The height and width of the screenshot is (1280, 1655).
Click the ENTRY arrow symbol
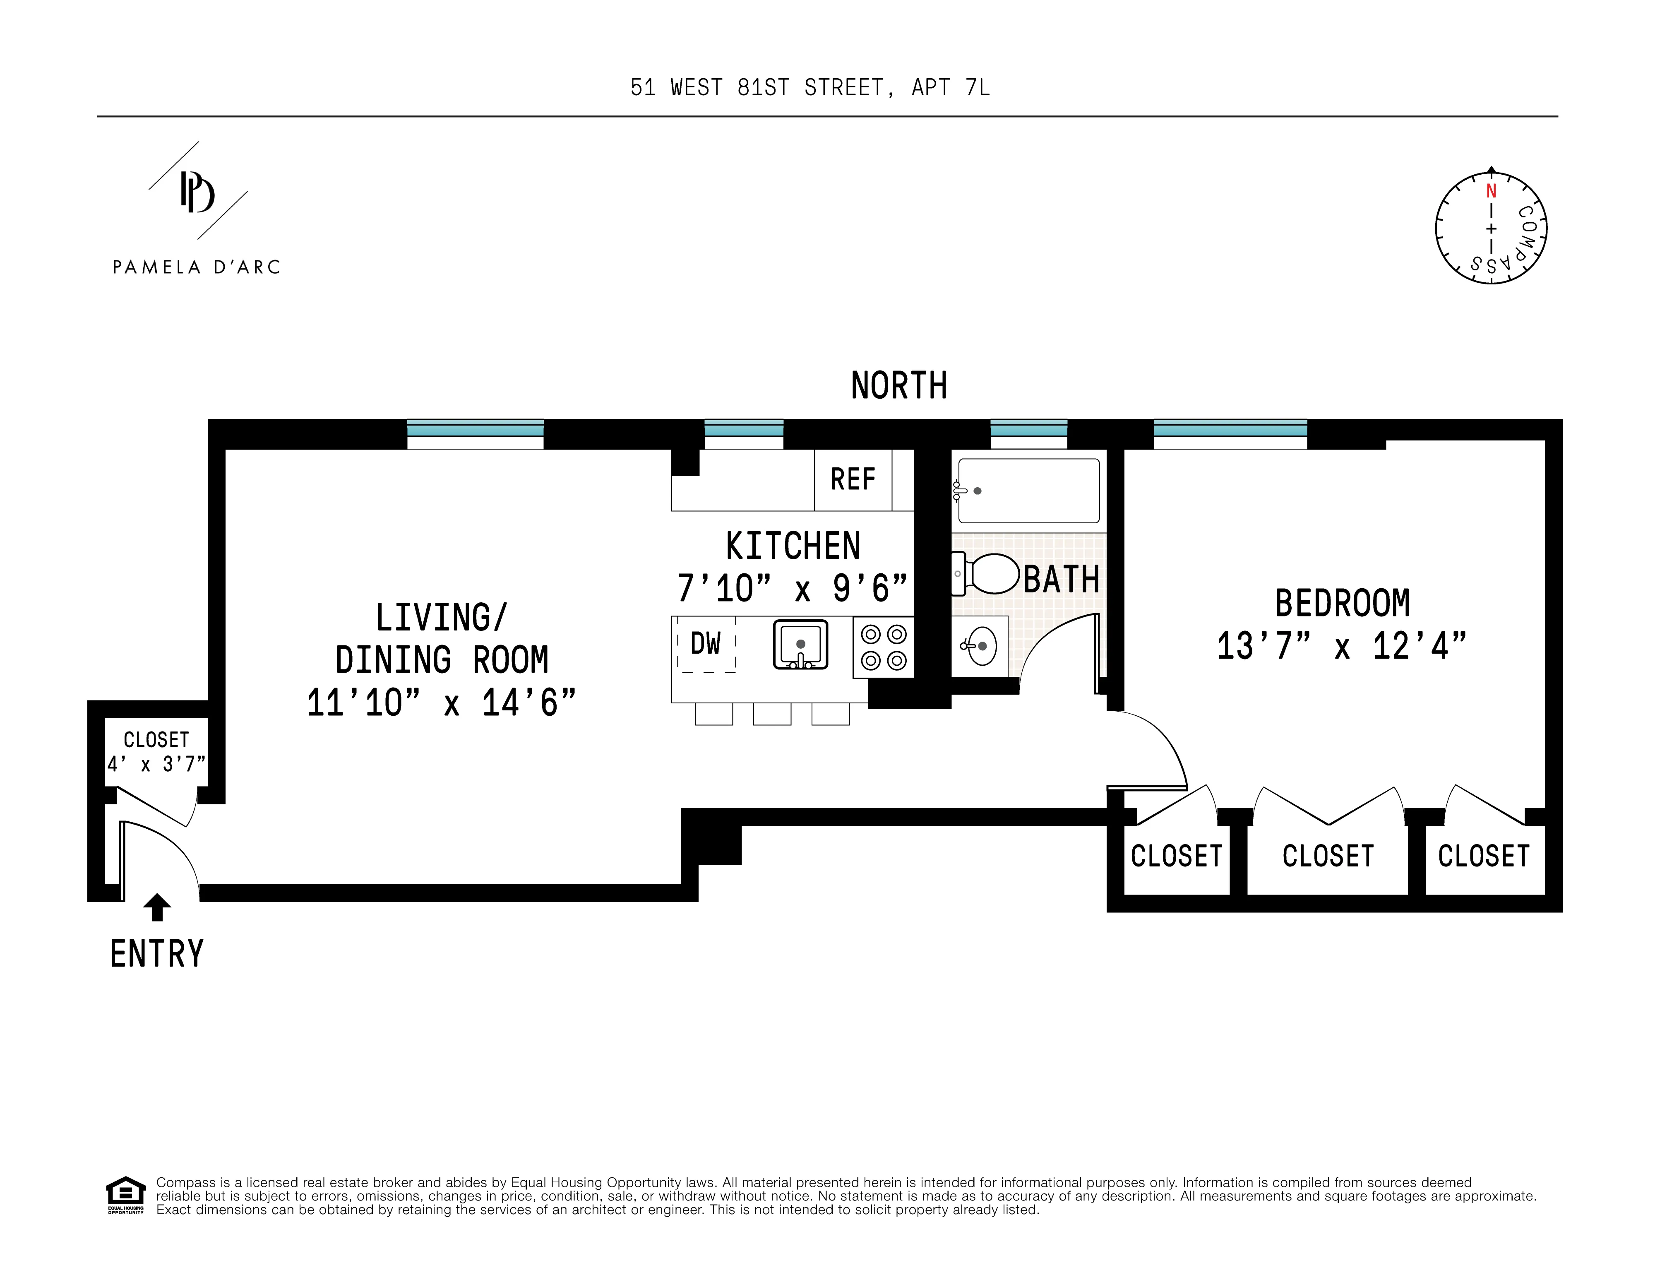(157, 907)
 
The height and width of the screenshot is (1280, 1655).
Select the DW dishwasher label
(706, 644)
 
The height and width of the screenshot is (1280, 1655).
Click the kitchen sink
(800, 645)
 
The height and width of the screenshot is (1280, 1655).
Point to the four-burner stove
(884, 647)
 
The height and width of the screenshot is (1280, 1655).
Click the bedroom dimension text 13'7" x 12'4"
(1341, 647)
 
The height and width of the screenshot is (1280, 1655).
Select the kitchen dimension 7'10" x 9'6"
(792, 589)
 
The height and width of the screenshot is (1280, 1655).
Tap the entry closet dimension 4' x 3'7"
(156, 764)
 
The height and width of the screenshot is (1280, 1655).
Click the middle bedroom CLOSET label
(1328, 857)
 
